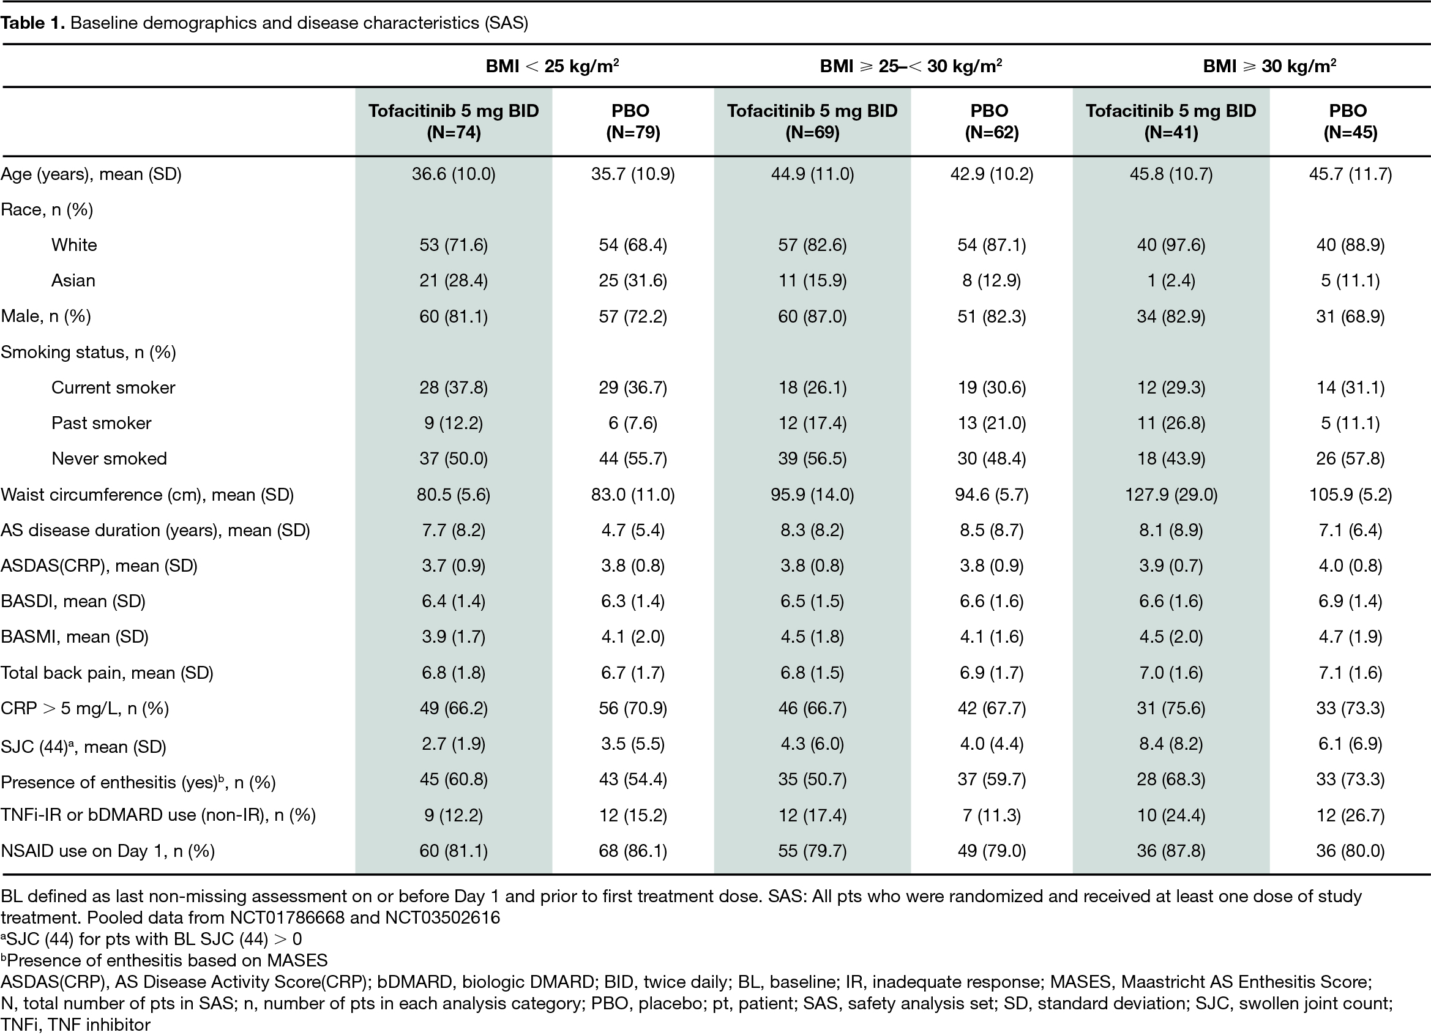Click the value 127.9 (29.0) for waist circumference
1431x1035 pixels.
pos(1171,494)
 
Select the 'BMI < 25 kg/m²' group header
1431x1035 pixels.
pos(552,65)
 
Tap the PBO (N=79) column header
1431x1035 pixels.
pos(633,121)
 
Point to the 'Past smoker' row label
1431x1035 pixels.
pos(101,423)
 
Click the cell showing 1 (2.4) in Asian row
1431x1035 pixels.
pos(1171,280)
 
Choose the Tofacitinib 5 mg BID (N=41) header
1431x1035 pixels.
pos(1171,121)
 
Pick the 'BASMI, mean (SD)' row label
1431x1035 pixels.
pos(75,637)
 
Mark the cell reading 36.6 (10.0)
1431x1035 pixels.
pos(454,174)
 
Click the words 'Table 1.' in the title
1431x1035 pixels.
pos(33,23)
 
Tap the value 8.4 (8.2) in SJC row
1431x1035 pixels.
pos(1171,744)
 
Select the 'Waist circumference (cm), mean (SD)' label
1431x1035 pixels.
pos(147,494)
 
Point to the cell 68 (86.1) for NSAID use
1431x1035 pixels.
pos(633,851)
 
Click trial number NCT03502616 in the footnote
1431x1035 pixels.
pos(443,917)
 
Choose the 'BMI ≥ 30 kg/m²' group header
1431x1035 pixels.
pos(1269,65)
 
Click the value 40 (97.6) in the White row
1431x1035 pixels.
pos(1171,245)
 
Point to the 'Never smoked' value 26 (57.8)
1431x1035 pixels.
pos(1350,458)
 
